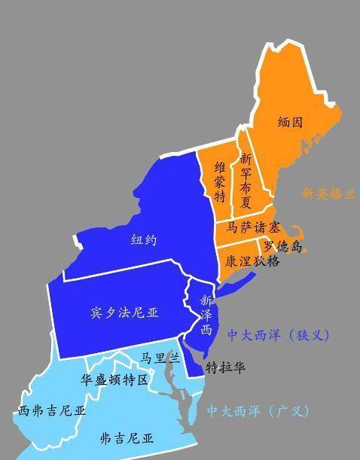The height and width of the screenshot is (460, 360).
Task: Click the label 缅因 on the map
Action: [x=290, y=122]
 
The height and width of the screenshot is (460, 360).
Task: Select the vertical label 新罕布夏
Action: [x=245, y=181]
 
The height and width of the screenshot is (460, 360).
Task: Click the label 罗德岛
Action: [x=282, y=246]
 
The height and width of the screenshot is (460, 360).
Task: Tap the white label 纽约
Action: [x=144, y=241]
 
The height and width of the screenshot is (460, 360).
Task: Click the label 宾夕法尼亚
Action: [x=124, y=311]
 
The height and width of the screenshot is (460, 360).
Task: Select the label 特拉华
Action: [x=226, y=367]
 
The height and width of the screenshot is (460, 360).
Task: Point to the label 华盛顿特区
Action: [x=116, y=379]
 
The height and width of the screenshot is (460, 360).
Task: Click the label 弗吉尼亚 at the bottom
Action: [x=127, y=437]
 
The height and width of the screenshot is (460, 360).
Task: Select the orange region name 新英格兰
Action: [x=329, y=193]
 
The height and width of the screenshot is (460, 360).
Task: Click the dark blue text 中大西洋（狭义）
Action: [x=279, y=335]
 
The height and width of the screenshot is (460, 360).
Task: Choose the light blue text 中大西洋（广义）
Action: [x=258, y=411]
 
